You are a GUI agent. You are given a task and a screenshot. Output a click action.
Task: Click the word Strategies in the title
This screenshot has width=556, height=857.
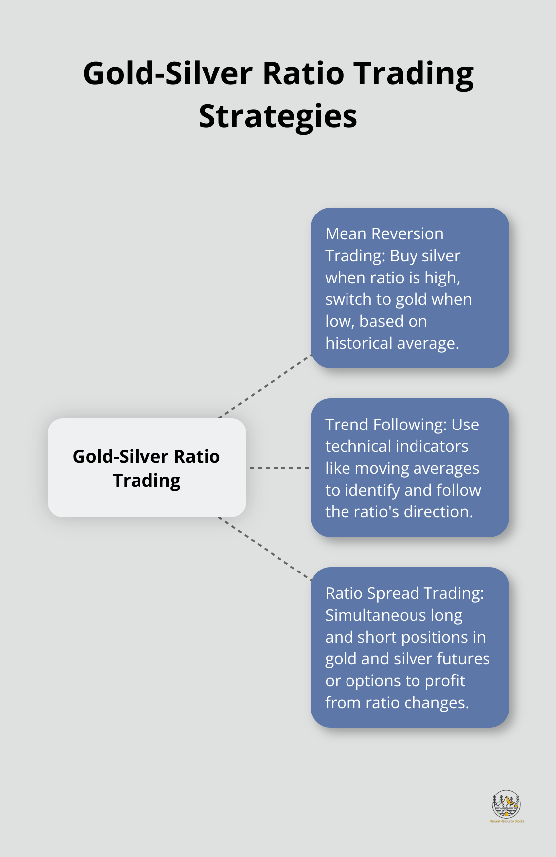(278, 117)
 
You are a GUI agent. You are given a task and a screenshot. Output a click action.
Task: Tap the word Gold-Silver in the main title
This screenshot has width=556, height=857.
(168, 73)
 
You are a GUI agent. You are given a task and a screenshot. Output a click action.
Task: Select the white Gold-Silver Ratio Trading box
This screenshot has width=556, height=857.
(146, 467)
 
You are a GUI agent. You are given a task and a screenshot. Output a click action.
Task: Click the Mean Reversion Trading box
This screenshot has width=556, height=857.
(410, 287)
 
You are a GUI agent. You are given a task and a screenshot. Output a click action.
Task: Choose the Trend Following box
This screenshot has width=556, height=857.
(410, 467)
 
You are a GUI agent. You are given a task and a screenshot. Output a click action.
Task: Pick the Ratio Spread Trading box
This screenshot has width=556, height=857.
(410, 647)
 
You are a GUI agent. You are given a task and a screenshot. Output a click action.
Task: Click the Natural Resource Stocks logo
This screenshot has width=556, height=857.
(506, 805)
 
